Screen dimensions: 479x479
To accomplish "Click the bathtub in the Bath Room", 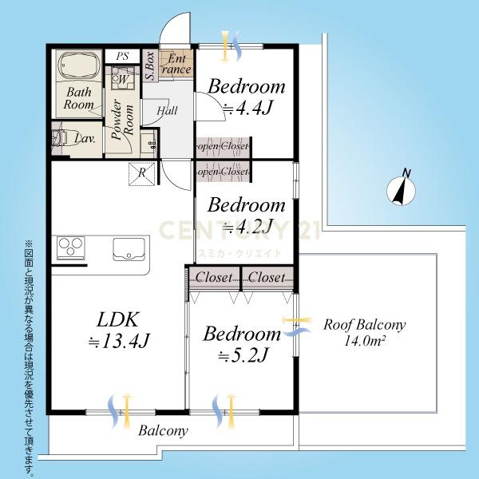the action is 78,66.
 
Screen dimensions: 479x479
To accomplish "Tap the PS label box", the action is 122,56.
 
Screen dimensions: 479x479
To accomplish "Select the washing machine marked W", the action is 122,78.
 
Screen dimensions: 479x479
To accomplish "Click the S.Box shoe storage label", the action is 150,65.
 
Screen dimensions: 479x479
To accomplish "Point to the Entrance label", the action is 176,64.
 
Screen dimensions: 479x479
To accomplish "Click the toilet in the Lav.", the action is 59,139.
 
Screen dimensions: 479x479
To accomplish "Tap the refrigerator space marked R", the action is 142,173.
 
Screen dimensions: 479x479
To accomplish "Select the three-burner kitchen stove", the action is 71,247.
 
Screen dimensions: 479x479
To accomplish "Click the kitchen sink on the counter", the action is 129,249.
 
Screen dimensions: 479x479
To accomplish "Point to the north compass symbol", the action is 401,189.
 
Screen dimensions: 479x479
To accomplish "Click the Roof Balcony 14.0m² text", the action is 365,332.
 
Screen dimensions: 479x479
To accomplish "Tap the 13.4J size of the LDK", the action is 119,341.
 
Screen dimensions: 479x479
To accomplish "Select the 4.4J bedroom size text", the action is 247,108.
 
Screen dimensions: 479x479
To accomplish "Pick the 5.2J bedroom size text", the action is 243,355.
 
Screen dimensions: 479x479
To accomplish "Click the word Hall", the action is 167,110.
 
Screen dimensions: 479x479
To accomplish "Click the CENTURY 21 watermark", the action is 239,230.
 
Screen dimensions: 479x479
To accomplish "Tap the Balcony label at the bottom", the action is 163,431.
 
